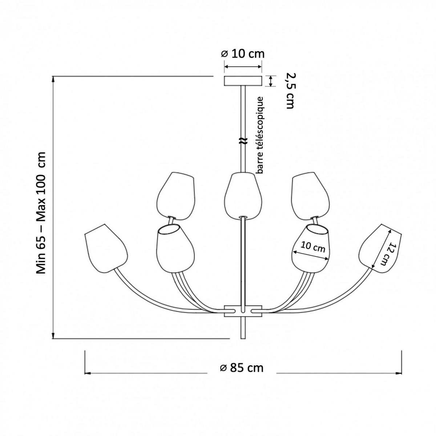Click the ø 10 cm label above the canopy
coord(243,54)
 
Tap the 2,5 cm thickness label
coord(290,91)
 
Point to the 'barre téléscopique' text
coord(260,135)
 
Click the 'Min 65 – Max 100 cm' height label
coord(42,213)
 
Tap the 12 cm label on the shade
coord(388,254)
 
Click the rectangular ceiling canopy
coord(243,81)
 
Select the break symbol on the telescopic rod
coord(243,141)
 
